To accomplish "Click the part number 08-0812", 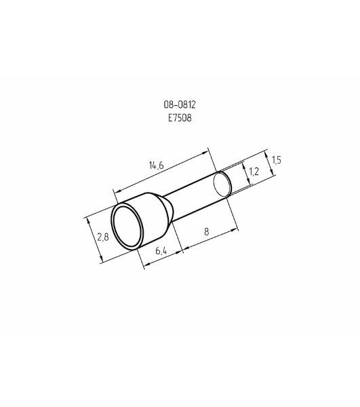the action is (180, 104).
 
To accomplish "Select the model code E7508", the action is (180, 118).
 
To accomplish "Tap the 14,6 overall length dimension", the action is (157, 166).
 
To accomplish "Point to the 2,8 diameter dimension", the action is (103, 237).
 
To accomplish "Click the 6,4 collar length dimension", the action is (161, 251).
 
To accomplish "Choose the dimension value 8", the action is (207, 231).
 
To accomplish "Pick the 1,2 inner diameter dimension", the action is (254, 172).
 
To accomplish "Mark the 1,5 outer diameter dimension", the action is (277, 160).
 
